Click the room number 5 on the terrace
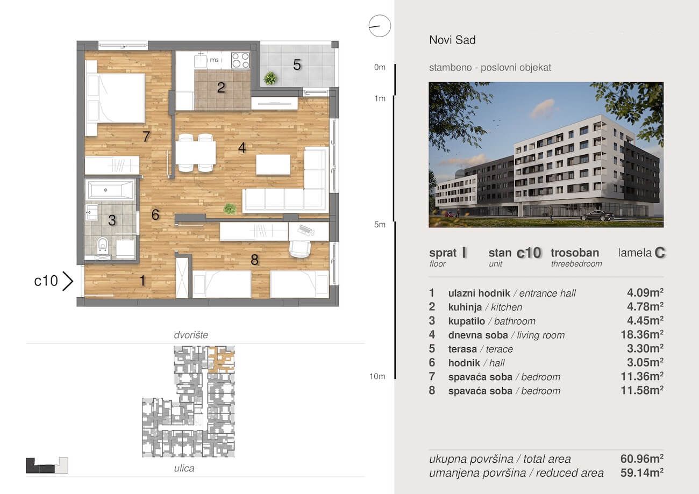click(x=297, y=65)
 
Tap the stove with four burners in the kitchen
click(x=240, y=60)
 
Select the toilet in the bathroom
click(x=102, y=245)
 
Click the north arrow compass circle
click(x=380, y=26)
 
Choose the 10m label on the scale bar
click(x=377, y=376)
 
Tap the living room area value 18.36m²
click(x=642, y=335)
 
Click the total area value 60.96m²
click(x=642, y=459)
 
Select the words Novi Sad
click(x=452, y=40)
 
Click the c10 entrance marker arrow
click(x=68, y=281)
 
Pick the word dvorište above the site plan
click(x=191, y=335)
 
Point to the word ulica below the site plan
click(x=184, y=468)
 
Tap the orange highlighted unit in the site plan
click(x=221, y=359)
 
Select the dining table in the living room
click(x=195, y=153)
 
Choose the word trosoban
click(x=575, y=253)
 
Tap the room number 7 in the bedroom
click(x=146, y=137)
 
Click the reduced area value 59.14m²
click(x=642, y=473)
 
